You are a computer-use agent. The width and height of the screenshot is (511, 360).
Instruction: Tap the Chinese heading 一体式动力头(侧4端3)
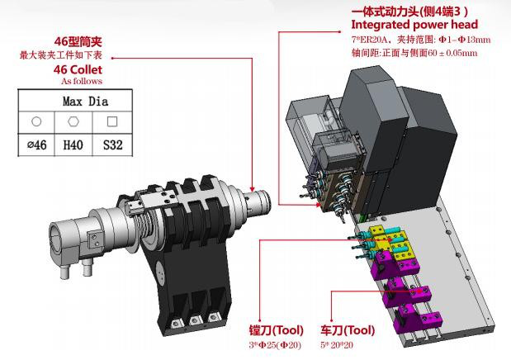409,11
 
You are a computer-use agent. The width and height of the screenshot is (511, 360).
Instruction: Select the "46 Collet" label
78,70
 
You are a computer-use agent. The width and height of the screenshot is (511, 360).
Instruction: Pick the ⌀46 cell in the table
36,145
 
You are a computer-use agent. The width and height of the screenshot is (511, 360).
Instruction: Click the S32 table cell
112,145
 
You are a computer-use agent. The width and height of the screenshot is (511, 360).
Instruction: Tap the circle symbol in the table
36,122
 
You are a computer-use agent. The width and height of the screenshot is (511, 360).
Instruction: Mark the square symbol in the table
112,122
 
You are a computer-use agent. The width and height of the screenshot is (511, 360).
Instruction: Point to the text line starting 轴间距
409,53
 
